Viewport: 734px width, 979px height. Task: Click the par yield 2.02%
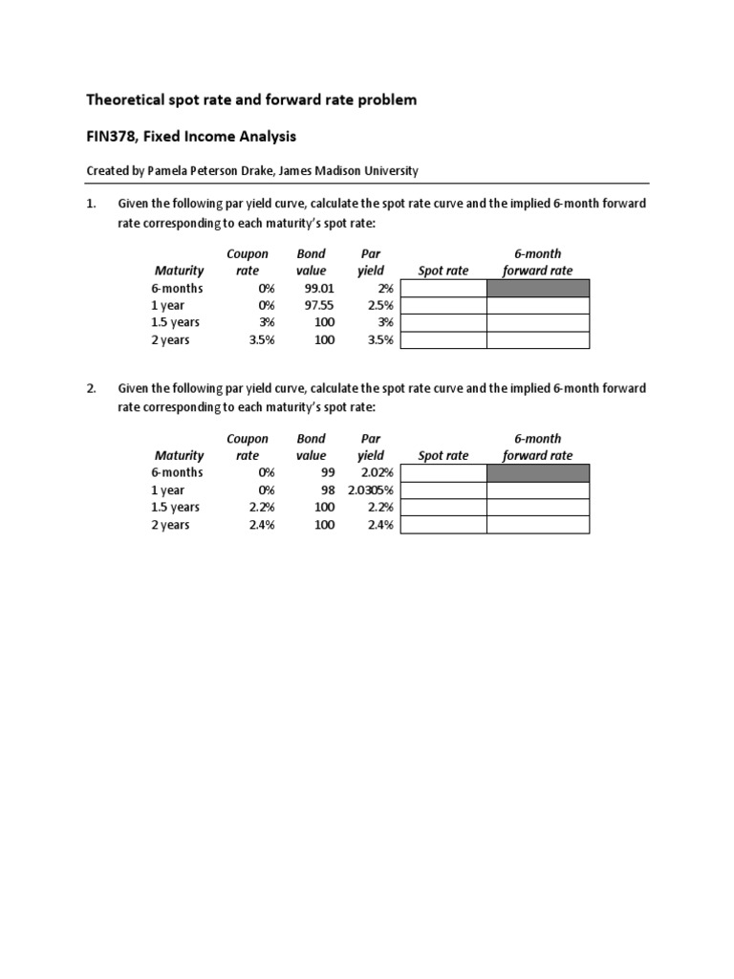(377, 473)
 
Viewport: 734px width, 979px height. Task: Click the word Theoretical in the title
(124, 99)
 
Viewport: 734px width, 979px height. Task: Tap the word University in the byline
(390, 171)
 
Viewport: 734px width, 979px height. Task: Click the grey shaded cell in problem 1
(538, 289)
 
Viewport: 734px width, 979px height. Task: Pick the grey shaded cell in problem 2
(538, 473)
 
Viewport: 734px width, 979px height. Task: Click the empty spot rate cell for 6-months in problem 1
(443, 289)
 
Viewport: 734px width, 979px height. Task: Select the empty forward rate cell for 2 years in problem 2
(538, 525)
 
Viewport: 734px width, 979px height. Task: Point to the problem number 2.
(91, 388)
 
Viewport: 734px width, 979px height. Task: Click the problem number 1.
(91, 204)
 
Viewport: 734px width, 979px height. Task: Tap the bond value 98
(327, 490)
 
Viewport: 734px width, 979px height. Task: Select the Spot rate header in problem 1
(443, 271)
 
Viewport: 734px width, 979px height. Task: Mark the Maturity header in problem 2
(179, 456)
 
